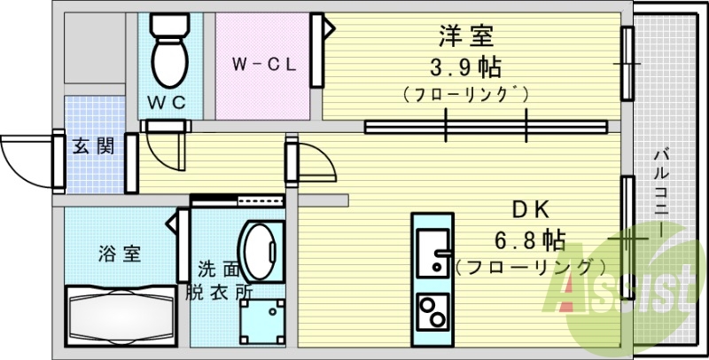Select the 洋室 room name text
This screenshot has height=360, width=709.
464,37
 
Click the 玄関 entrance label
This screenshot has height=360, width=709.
92,146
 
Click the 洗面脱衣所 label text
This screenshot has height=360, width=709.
219,279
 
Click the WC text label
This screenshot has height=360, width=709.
168,102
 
